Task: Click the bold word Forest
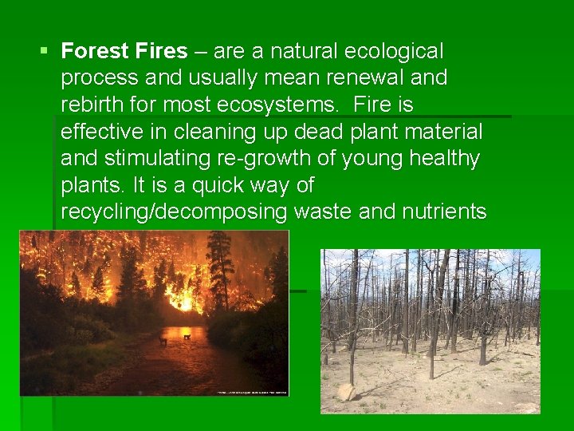point(94,52)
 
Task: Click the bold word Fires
point(159,52)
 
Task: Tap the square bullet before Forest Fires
point(44,52)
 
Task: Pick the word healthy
point(444,159)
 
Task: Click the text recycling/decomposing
point(175,212)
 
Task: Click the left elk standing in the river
point(163,341)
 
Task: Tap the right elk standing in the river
point(187,338)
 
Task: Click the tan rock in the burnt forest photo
point(347,392)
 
